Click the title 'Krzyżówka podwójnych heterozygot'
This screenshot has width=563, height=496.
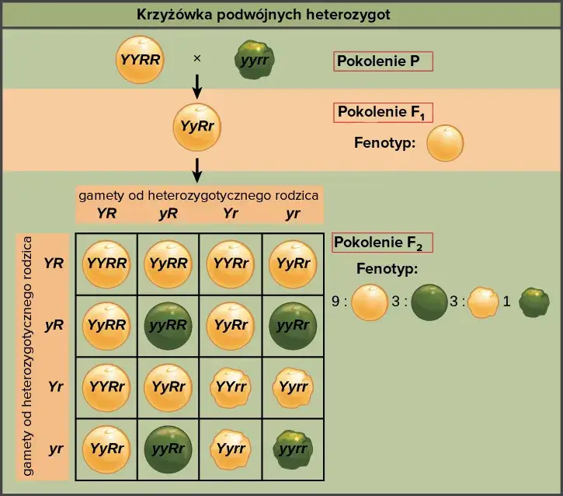click(x=263, y=15)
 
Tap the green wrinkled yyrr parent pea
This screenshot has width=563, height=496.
click(x=255, y=59)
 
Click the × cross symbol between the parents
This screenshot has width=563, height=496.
click(x=197, y=58)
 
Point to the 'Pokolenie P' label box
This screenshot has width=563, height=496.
click(x=383, y=62)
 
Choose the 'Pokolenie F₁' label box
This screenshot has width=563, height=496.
click(x=384, y=113)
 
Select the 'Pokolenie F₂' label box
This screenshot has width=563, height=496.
click(x=382, y=243)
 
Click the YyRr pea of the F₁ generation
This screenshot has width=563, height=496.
click(x=197, y=126)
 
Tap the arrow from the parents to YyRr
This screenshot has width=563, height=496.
click(x=197, y=86)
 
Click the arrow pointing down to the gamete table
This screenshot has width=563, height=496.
click(x=197, y=168)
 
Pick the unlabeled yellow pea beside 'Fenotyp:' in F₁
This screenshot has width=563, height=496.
click(x=446, y=143)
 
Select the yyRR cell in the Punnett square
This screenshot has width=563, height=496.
click(x=169, y=323)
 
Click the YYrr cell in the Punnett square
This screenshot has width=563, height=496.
click(x=231, y=385)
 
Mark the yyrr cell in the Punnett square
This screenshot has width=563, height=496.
click(x=293, y=449)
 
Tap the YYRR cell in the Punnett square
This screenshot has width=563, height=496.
click(x=106, y=263)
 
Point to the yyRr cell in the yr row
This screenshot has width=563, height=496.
click(x=169, y=449)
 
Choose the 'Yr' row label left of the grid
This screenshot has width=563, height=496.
click(x=54, y=385)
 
